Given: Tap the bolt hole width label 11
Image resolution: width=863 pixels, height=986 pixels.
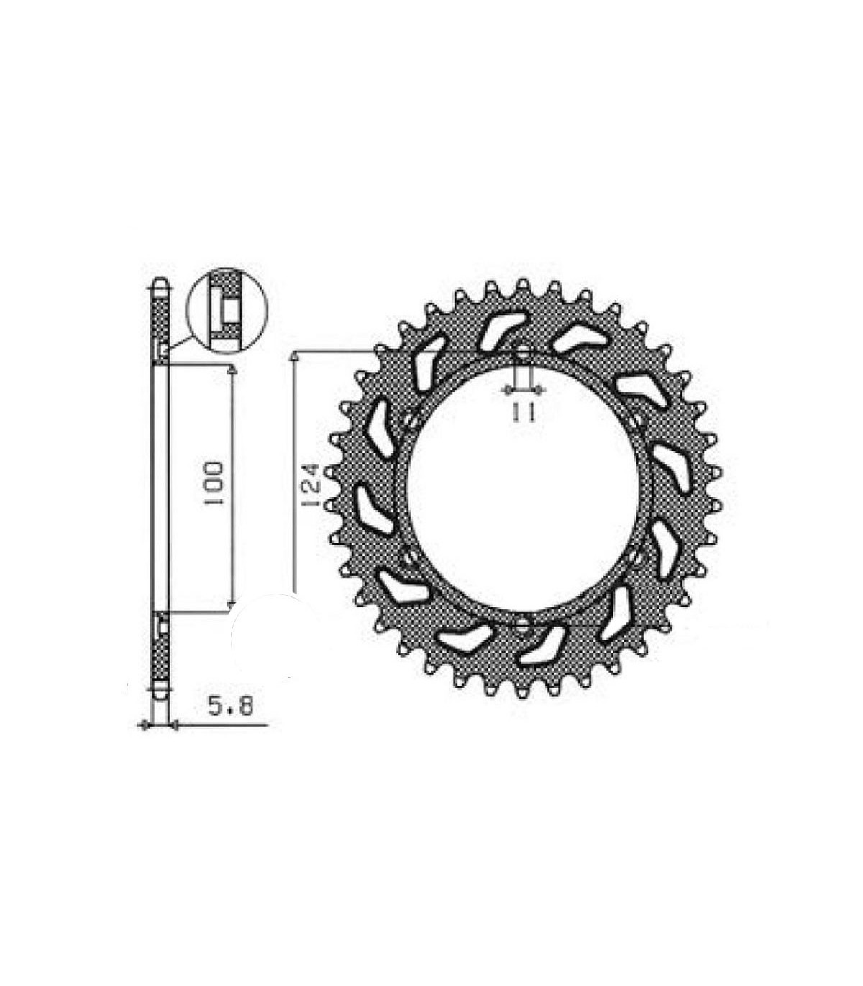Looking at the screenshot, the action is tap(523, 413).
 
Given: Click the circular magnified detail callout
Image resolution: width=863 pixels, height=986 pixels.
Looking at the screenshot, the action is tap(226, 311).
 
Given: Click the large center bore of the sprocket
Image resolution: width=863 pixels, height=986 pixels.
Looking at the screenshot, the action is tap(523, 487).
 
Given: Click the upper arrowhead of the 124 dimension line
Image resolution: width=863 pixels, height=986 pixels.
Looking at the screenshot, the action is tap(293, 356).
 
